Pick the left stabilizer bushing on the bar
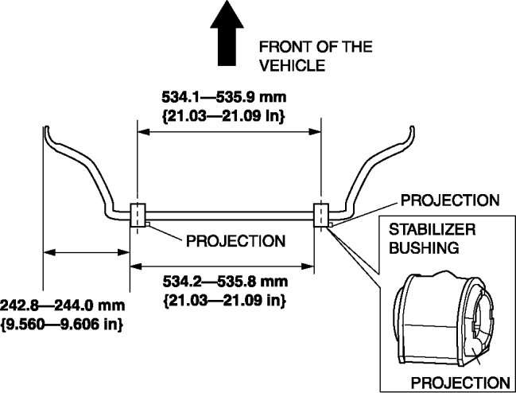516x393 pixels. (x=137, y=215)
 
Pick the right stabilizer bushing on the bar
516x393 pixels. (x=321, y=215)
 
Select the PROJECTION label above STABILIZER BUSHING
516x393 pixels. (x=450, y=199)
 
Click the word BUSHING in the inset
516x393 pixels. (x=423, y=247)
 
